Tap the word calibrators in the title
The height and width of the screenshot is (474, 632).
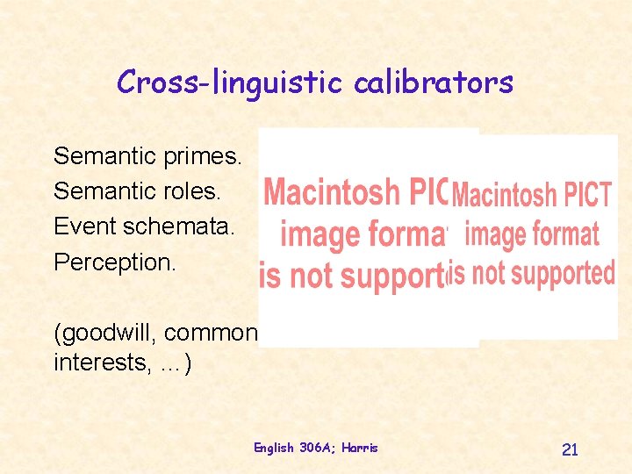pos(434,83)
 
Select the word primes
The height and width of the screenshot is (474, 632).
pos(207,157)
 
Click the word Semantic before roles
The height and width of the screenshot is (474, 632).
pos(105,191)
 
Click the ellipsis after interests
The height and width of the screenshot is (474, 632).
pos(169,362)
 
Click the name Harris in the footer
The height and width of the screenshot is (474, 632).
pos(361,448)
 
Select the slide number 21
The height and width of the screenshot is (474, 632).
pos(570,449)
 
